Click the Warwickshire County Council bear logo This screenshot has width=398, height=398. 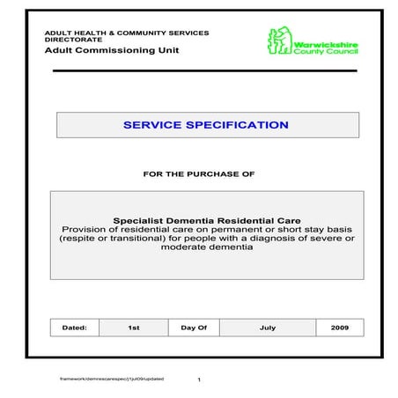click(x=280, y=41)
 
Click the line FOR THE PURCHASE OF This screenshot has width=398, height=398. click(x=198, y=173)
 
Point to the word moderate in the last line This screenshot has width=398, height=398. click(x=181, y=247)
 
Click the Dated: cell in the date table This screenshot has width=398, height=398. click(x=74, y=328)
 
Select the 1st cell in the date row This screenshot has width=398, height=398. click(x=134, y=328)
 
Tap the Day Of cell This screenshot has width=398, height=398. click(x=194, y=328)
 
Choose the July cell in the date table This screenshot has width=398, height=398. click(x=268, y=328)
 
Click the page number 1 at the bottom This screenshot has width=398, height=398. click(x=200, y=380)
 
